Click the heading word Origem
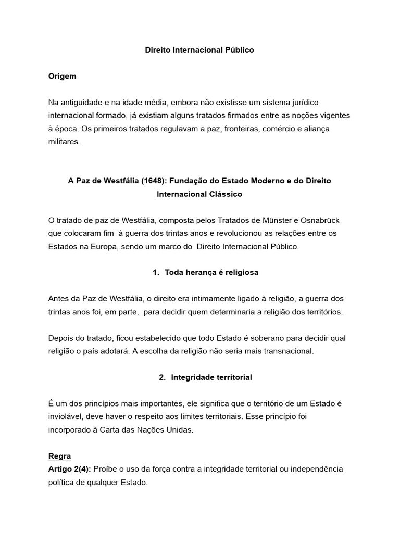[x=62, y=76]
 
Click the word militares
[x=64, y=141]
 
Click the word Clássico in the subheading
[x=222, y=194]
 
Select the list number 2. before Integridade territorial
[x=162, y=377]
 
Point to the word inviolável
[x=65, y=417]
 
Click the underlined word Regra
[x=59, y=456]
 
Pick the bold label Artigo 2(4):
[x=70, y=469]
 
